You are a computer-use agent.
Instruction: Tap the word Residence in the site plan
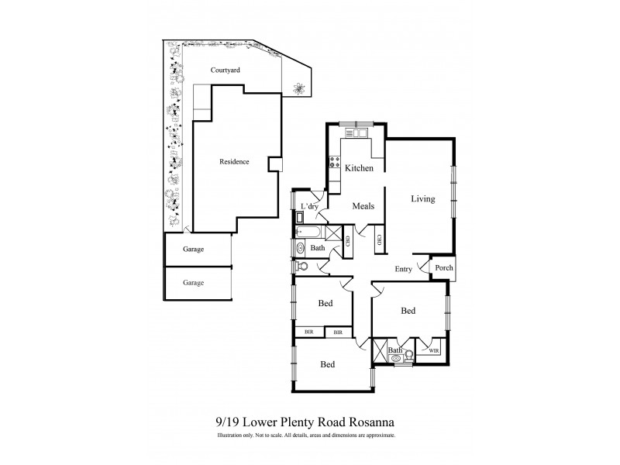[x=234, y=162]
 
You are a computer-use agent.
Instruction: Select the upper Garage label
[x=193, y=250]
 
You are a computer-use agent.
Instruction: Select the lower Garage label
[x=193, y=283]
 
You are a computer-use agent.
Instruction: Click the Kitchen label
[x=360, y=168]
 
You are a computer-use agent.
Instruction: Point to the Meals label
[x=363, y=206]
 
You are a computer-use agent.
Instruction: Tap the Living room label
[x=422, y=199]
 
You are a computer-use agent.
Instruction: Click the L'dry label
[x=310, y=206]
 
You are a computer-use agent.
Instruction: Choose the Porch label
[x=443, y=268]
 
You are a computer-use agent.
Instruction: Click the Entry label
[x=403, y=269]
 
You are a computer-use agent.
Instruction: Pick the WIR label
[x=432, y=351]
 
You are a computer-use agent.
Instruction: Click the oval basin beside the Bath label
[x=301, y=248]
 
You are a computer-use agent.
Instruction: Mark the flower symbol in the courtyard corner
[x=298, y=88]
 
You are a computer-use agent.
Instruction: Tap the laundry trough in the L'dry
[x=300, y=218]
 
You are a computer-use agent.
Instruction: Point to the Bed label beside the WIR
[x=408, y=311]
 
